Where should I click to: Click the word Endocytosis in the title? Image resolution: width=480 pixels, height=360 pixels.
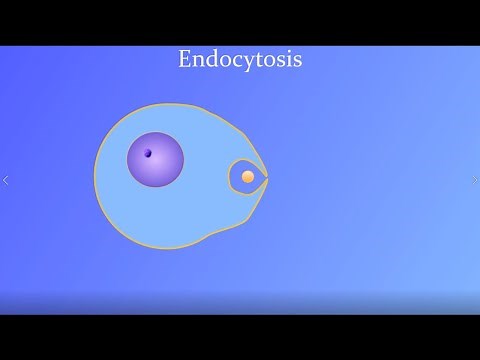pos(240,60)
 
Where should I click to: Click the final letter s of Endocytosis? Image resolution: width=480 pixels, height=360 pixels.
pos(297,62)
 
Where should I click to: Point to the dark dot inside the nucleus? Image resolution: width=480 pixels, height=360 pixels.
pos(147,153)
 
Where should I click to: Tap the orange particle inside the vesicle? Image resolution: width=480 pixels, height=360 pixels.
pos(248,177)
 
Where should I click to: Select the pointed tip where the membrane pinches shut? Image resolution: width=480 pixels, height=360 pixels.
pos(267,177)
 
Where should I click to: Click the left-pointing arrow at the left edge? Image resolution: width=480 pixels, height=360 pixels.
pos(6,181)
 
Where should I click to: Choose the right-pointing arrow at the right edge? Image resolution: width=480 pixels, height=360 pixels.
pos(474,181)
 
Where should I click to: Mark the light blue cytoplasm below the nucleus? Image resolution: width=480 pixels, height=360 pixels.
pos(165,215)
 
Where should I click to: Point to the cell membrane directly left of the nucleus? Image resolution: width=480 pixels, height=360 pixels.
pos(96,165)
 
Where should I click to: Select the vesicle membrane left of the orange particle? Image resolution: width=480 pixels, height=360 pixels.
pos(230,177)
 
